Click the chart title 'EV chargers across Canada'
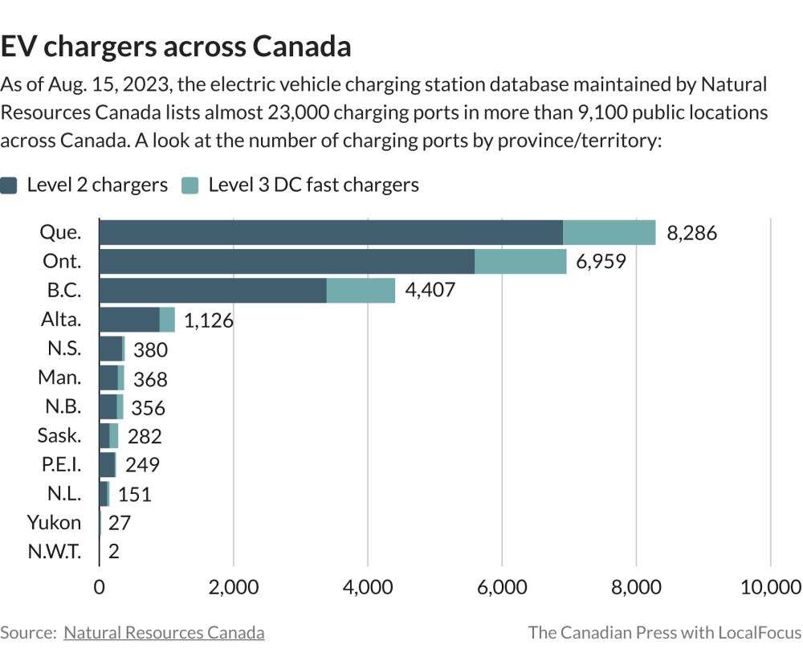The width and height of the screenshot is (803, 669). (x=176, y=47)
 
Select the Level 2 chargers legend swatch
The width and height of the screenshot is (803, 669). (x=10, y=185)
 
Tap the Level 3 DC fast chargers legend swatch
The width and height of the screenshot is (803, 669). (x=191, y=185)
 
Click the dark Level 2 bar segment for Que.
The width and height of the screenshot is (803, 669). (x=330, y=232)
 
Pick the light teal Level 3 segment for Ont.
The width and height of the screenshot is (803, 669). (x=520, y=261)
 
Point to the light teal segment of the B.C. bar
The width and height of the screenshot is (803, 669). (x=361, y=290)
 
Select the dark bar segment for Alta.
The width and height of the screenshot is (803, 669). (x=129, y=320)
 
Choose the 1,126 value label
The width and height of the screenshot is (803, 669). (x=209, y=320)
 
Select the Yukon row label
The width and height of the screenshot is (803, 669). (x=54, y=523)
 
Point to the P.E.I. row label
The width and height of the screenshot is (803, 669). (x=60, y=464)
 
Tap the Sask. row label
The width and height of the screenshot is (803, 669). (x=59, y=435)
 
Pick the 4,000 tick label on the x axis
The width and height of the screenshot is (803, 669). (x=367, y=587)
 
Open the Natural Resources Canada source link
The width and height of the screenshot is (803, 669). (x=164, y=633)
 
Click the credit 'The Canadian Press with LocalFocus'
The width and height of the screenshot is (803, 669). (x=664, y=633)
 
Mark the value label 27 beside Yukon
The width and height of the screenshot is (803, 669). (x=120, y=523)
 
